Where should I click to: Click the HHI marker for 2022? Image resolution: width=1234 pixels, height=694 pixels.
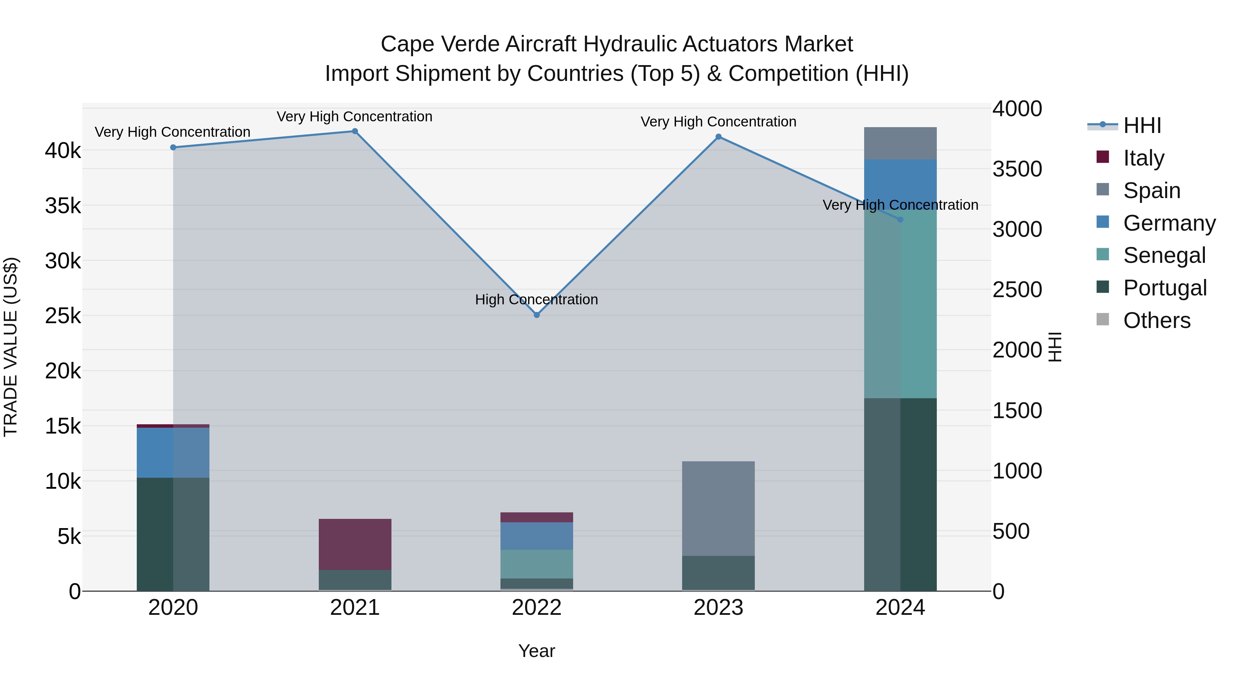click(x=536, y=315)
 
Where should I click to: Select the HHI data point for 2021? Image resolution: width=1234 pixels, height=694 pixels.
click(x=355, y=131)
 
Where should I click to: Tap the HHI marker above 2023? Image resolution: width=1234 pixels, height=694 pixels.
click(x=718, y=137)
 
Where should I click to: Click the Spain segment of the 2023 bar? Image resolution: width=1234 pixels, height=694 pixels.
click(x=718, y=508)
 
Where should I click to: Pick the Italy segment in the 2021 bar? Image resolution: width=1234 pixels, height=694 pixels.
click(x=355, y=544)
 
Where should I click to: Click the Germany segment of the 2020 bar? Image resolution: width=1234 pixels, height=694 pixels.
click(x=173, y=453)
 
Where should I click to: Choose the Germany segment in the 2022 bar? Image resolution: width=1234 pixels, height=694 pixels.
click(x=536, y=536)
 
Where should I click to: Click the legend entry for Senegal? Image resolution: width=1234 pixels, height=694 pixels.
click(x=1164, y=255)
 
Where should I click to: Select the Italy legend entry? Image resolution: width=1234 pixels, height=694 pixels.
click(x=1144, y=158)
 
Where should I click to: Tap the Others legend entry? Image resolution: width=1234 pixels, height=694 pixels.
click(x=1157, y=320)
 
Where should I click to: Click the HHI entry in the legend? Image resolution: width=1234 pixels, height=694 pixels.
click(x=1142, y=125)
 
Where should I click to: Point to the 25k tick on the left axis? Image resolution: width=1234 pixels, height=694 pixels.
click(x=63, y=316)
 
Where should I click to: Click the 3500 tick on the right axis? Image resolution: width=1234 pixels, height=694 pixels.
click(x=1017, y=169)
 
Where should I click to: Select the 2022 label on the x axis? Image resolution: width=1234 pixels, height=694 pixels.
click(x=536, y=608)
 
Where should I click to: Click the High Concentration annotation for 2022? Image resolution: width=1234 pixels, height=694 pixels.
click(x=536, y=300)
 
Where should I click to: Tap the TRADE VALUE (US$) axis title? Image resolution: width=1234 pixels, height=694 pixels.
click(x=11, y=347)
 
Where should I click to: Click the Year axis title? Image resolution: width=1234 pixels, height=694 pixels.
click(x=536, y=651)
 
